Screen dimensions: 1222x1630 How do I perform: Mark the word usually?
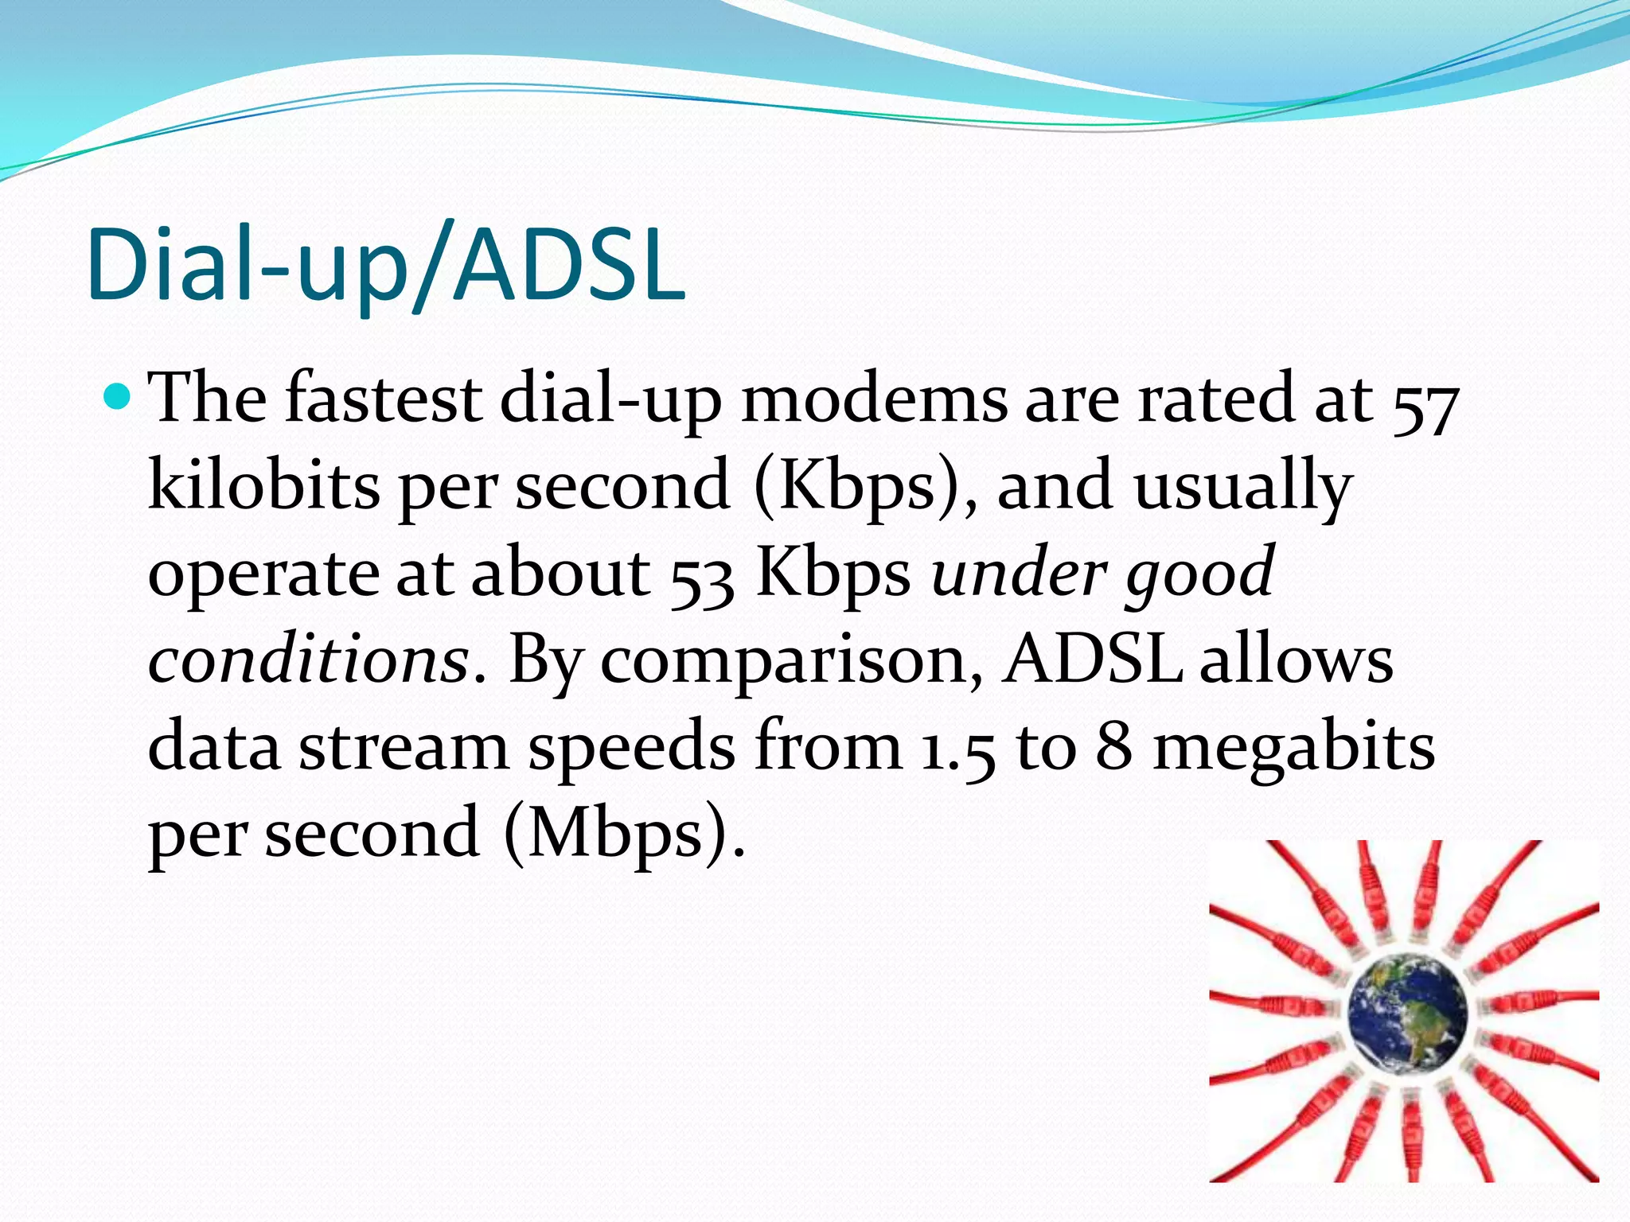[x=1242, y=487]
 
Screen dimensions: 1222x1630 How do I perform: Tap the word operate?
[x=263, y=574]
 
